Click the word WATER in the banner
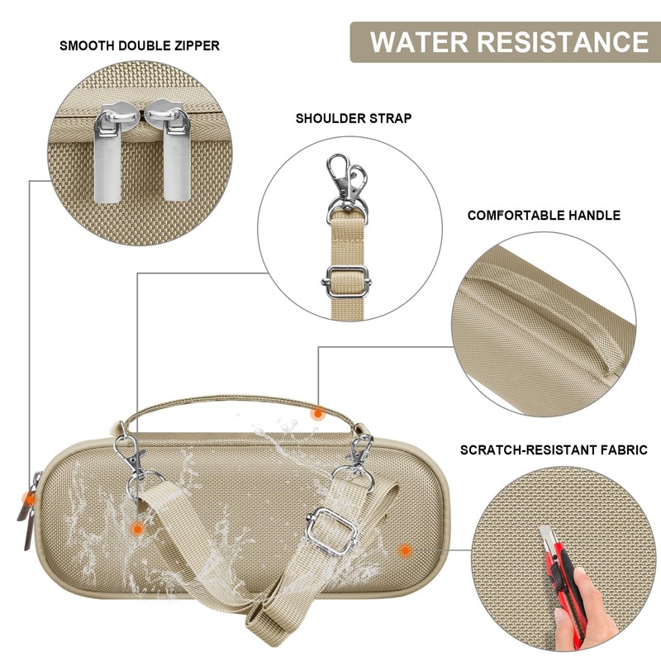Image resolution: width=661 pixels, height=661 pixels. (x=420, y=42)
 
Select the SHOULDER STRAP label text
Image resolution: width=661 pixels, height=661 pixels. (x=354, y=118)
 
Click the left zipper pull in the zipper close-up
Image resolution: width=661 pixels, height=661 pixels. (x=107, y=155)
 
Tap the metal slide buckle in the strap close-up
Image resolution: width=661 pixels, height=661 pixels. (x=346, y=281)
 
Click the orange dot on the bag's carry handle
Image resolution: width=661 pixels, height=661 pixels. (x=318, y=414)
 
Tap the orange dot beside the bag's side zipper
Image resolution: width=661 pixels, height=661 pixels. (x=30, y=499)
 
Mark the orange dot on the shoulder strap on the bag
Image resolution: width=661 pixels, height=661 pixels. (x=137, y=528)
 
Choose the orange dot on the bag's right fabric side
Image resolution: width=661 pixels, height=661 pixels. (x=405, y=550)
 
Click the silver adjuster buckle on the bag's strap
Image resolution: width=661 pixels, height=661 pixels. (x=332, y=531)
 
